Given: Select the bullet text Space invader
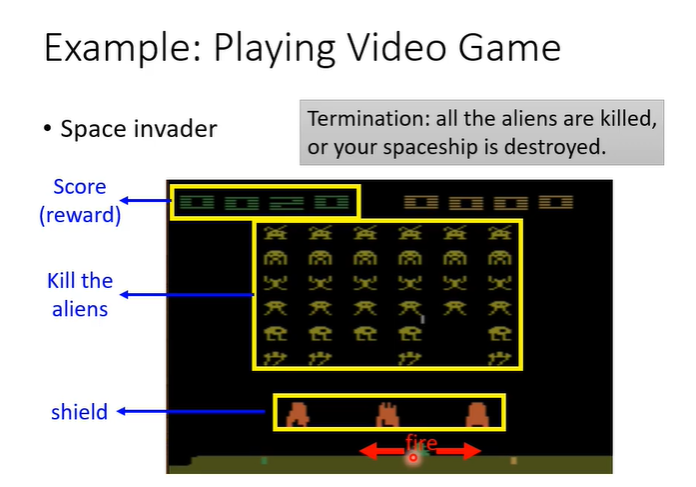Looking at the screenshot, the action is tap(138, 129).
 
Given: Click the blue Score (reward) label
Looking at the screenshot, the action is tap(79, 200).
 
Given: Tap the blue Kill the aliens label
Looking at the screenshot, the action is tap(80, 295).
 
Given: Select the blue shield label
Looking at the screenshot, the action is tap(79, 411).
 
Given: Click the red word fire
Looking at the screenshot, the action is tap(421, 441).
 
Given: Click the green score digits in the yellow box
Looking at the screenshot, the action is tap(265, 203).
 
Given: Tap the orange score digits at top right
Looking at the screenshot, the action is tap(489, 203).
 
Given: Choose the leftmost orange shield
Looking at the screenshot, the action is tap(297, 413).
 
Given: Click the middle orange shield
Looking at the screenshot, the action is tap(387, 413).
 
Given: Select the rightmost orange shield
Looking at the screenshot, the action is tap(478, 413).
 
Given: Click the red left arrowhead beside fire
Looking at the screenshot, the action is tap(367, 452).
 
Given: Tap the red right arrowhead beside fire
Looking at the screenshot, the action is tap(475, 452).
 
